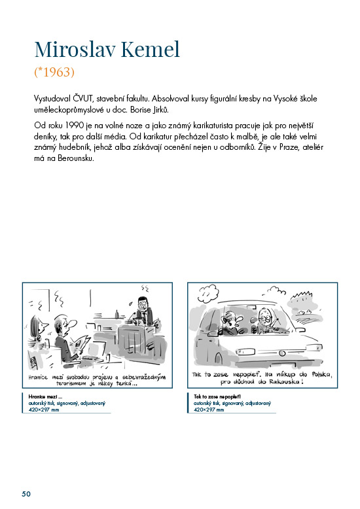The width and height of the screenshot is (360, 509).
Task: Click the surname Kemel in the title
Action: [x=151, y=49]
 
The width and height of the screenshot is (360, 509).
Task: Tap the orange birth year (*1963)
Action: [x=54, y=72]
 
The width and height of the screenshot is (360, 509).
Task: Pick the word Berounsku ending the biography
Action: [x=76, y=158]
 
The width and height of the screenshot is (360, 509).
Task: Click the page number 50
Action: [x=26, y=494]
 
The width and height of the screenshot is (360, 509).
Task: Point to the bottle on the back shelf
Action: [x=117, y=314]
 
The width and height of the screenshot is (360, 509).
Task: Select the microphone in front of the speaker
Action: [x=132, y=317]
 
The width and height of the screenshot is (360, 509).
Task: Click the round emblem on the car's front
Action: [x=281, y=353]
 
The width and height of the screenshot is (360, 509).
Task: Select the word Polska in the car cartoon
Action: [x=321, y=374]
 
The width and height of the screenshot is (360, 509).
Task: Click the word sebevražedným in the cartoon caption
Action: [x=144, y=377]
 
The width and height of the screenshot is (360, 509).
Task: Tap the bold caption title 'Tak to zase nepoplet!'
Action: [x=217, y=396]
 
